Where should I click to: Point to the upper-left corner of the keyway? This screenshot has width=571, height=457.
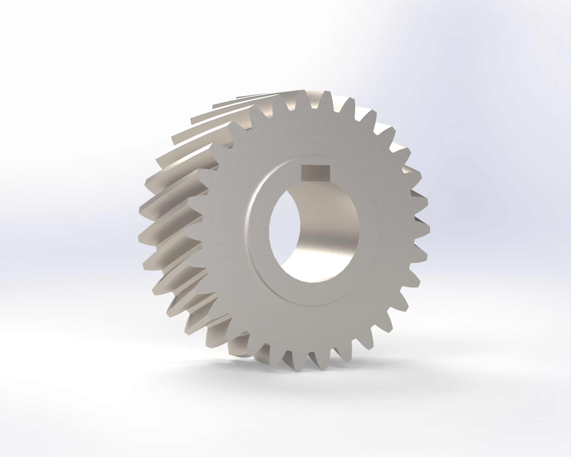(302, 166)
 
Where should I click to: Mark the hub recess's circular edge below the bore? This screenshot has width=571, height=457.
(310, 305)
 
